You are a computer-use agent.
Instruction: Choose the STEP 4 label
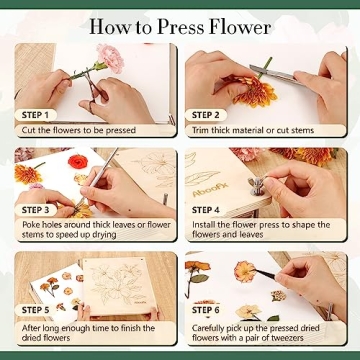coord(205,211)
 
